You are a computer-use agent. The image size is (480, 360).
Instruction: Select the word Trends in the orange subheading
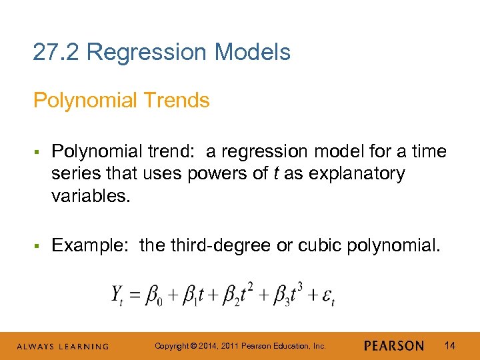pyautogui.click(x=178, y=101)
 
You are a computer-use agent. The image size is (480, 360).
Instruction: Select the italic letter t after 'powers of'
pyautogui.click(x=276, y=174)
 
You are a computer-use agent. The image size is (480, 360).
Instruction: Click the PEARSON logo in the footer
pyautogui.click(x=394, y=346)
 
